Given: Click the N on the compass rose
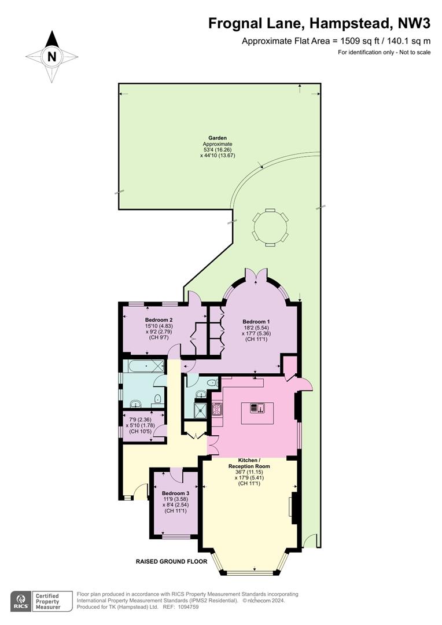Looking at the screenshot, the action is [51, 57].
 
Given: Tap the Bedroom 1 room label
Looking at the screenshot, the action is [256, 322].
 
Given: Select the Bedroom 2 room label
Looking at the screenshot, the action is [159, 319].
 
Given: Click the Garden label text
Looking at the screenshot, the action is [218, 138].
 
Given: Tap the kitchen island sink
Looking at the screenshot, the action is [257, 408].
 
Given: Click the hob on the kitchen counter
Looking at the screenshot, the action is [218, 409].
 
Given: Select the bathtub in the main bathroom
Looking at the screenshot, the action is [143, 366].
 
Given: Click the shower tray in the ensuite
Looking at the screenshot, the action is [199, 410].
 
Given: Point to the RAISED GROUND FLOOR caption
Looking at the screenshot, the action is [171, 561].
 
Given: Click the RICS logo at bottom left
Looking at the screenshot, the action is [20, 601].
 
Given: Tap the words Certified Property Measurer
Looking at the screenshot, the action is [47, 601].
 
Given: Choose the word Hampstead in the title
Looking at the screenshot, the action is [350, 24].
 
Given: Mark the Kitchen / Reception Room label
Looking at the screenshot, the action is [249, 463].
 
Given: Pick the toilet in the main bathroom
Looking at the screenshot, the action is [158, 399].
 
